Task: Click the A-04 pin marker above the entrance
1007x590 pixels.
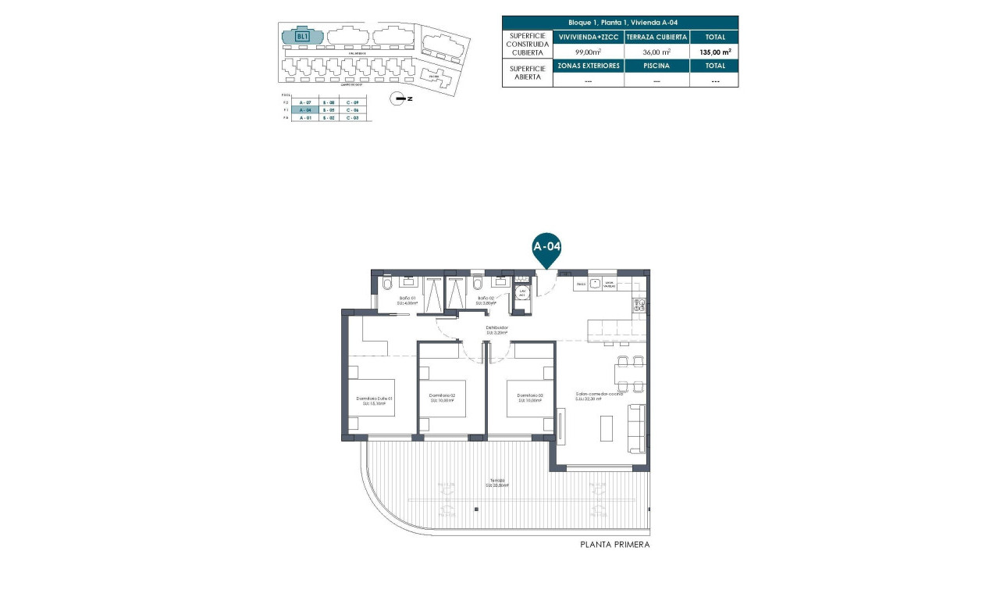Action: [x=547, y=247]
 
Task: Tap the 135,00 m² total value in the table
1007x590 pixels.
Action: [x=715, y=52]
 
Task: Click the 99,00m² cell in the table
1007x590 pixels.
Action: [x=588, y=52]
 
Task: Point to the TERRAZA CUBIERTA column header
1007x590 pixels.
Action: [x=657, y=37]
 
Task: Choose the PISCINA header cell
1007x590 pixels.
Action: [x=657, y=66]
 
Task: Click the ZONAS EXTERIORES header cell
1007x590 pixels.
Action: [x=588, y=66]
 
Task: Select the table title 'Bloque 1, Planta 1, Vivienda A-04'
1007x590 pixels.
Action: [x=619, y=23]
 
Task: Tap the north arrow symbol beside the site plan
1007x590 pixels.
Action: [x=400, y=98]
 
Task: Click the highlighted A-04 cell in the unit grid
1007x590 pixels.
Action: [x=305, y=110]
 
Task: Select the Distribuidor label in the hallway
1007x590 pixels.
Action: [x=497, y=330]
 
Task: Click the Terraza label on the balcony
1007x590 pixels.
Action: [x=497, y=482]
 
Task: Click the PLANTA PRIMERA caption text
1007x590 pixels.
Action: [x=615, y=545]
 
